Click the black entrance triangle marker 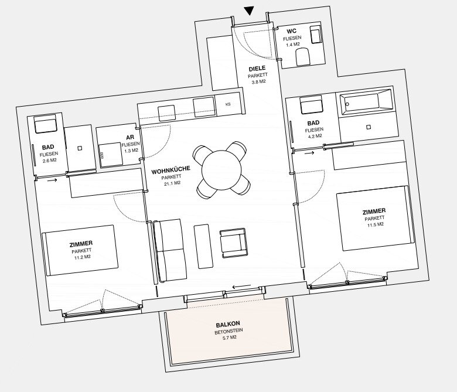pos(249,11)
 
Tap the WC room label pos(291,31)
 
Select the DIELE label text pos(257,69)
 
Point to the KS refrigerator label pos(228,104)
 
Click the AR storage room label pos(130,137)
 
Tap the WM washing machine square pos(111,155)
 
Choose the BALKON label pos(228,324)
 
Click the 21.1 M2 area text pos(172,183)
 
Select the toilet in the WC pos(302,57)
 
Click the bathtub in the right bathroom pos(365,101)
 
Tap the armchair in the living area pos(233,243)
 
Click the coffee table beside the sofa pos(203,246)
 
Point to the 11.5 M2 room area pos(376,224)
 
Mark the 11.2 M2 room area pos(83,257)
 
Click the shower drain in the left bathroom pos(80,148)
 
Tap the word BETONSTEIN pos(228,331)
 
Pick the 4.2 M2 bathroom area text pos(314,136)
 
